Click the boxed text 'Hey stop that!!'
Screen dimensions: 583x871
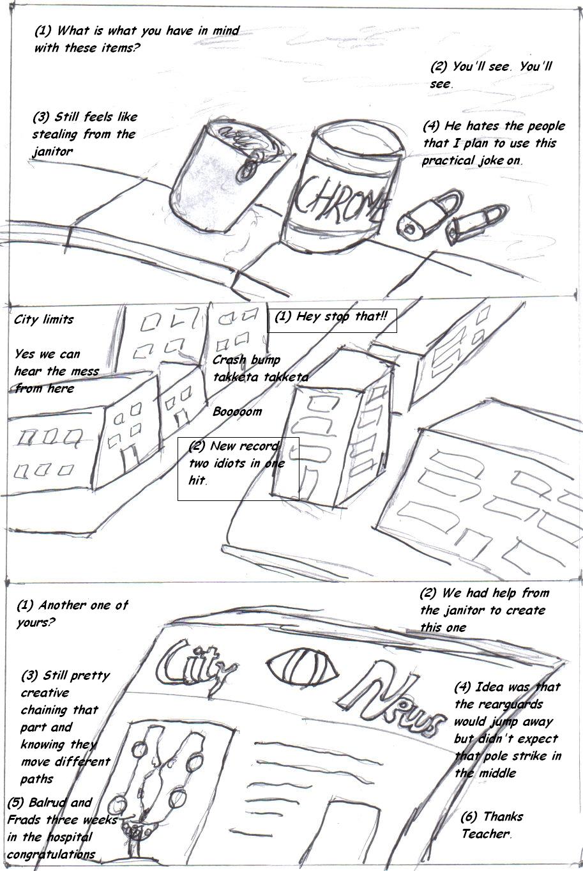(x=331, y=320)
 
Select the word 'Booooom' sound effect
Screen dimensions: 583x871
(x=237, y=412)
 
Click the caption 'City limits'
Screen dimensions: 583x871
(x=44, y=320)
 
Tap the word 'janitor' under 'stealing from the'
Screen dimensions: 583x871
(x=52, y=151)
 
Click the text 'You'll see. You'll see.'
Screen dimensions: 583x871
(x=490, y=75)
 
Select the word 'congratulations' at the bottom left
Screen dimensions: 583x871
(x=51, y=854)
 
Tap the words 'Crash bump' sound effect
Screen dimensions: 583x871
(x=246, y=360)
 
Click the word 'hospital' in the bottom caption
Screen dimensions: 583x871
(x=69, y=837)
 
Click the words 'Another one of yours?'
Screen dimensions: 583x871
(x=72, y=613)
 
